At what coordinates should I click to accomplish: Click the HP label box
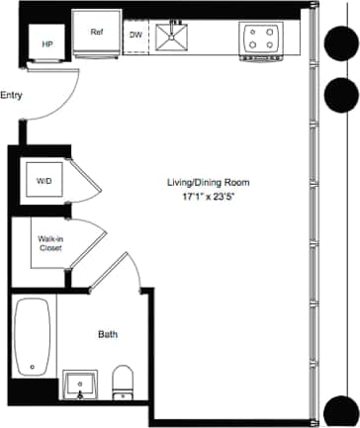point(46,45)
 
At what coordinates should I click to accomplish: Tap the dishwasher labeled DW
point(136,38)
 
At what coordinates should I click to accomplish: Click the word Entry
point(12,96)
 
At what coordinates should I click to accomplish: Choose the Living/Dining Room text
point(209,183)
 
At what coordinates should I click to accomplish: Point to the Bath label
point(108,335)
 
